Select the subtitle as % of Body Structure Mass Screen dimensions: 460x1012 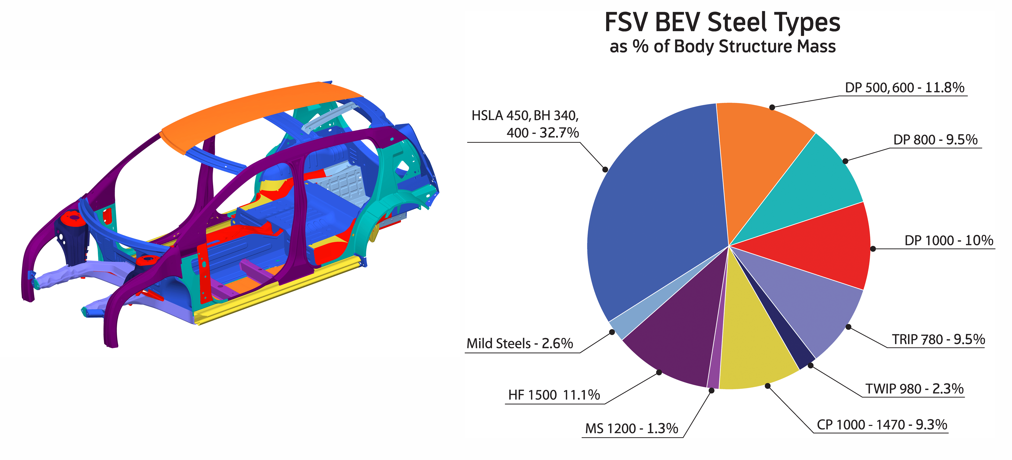point(722,46)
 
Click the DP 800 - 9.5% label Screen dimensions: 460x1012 point(935,139)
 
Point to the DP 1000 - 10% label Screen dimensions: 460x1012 point(948,240)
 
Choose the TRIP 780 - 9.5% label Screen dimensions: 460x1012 point(938,339)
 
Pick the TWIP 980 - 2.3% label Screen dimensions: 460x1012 point(914,389)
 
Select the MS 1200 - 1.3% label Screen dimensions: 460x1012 point(631,428)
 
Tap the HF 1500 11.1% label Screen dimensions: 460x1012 point(554,395)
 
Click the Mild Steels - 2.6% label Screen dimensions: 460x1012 point(519,343)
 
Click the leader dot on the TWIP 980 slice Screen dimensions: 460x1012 point(810,366)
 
